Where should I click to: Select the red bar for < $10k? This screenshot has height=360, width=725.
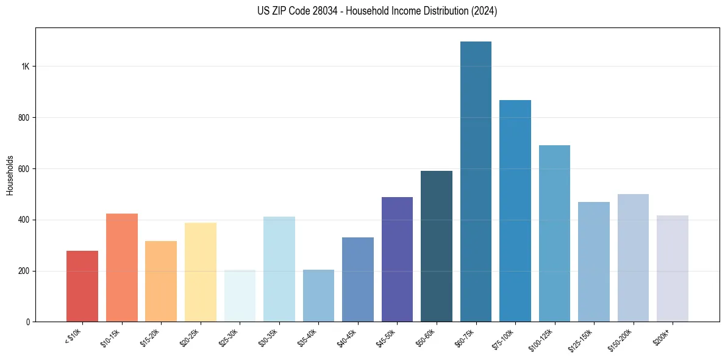point(82,286)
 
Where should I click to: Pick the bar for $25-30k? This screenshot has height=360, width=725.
point(240,296)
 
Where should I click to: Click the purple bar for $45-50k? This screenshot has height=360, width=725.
point(397,259)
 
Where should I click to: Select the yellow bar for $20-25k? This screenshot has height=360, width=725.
point(201,272)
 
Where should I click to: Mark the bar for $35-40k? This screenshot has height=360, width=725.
point(318,296)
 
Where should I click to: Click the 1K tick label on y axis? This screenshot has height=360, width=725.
point(25,67)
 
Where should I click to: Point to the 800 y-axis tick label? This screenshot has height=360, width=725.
point(24,118)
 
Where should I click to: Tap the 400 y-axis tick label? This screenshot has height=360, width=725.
point(24,220)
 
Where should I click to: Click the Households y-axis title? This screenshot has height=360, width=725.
point(10,175)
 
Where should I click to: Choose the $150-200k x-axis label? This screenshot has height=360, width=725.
point(620,339)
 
